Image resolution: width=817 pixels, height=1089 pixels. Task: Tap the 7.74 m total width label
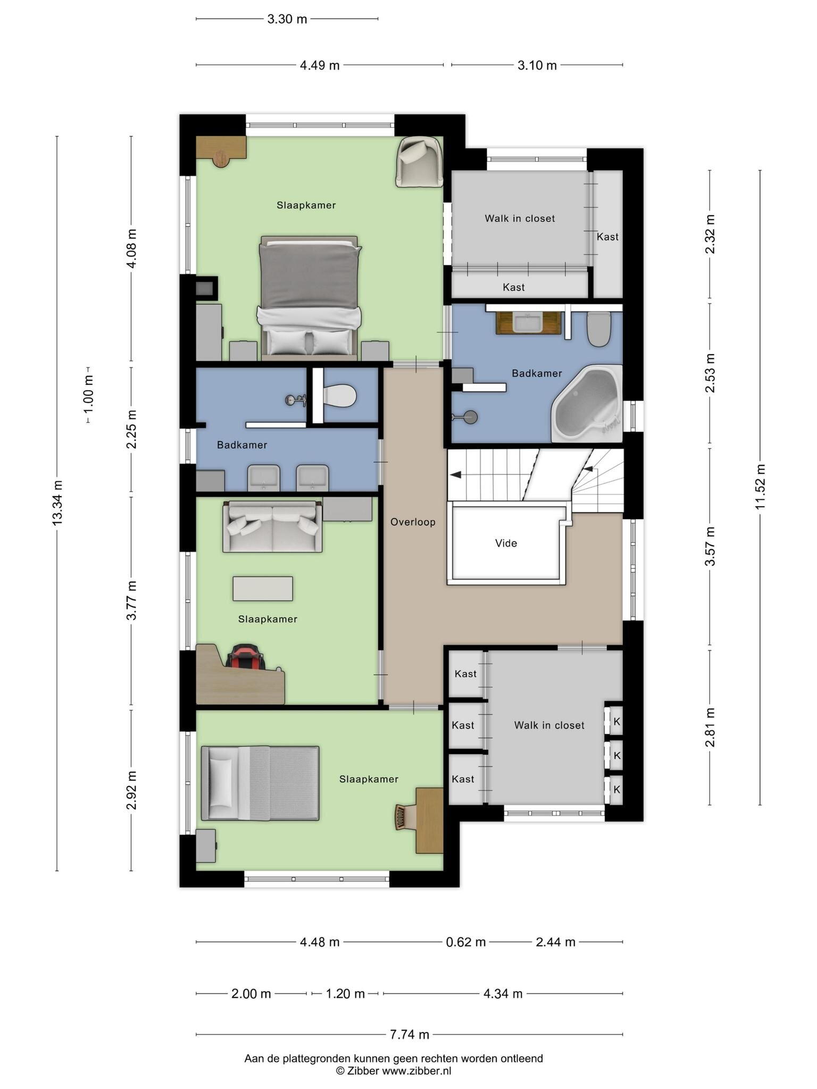click(409, 1034)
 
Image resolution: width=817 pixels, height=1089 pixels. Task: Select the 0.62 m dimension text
click(466, 942)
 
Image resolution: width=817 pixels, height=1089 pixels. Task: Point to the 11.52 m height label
click(760, 486)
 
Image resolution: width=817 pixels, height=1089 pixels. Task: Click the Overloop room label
click(413, 522)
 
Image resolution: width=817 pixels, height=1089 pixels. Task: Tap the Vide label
click(506, 543)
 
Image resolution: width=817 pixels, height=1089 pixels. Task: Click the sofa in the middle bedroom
click(272, 526)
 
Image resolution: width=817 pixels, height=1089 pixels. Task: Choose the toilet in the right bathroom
click(599, 329)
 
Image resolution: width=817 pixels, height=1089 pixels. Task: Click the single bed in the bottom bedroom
click(260, 783)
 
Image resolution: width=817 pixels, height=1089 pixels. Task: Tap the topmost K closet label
click(617, 722)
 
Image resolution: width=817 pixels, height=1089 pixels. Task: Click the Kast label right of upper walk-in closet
click(607, 237)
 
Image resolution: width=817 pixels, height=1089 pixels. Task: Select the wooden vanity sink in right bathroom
click(529, 323)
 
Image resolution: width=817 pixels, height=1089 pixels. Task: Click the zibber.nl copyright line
click(394, 1071)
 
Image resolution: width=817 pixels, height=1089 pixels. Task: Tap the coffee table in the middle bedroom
click(263, 589)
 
